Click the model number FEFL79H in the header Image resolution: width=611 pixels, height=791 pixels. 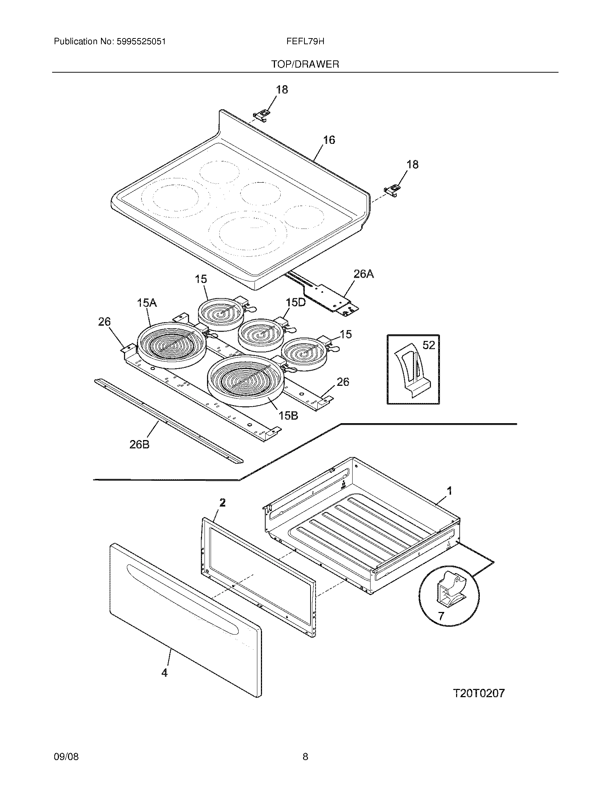click(x=305, y=42)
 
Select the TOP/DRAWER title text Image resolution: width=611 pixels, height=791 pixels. click(x=305, y=64)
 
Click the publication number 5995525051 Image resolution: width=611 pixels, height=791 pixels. click(x=141, y=42)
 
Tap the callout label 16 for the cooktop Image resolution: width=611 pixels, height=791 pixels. click(x=329, y=140)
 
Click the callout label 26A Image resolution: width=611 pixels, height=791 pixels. click(x=363, y=274)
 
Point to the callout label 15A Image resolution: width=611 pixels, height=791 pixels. click(x=147, y=303)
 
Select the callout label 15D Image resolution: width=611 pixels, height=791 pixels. click(x=296, y=302)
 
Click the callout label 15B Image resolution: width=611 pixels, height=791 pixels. click(x=288, y=416)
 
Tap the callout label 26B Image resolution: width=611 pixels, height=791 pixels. click(x=139, y=444)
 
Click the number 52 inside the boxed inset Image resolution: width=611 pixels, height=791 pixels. click(x=428, y=345)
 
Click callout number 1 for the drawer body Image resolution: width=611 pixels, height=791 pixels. click(x=450, y=491)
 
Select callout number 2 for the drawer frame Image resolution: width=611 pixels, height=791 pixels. click(x=222, y=502)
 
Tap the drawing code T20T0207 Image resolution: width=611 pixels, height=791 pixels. click(x=479, y=694)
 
